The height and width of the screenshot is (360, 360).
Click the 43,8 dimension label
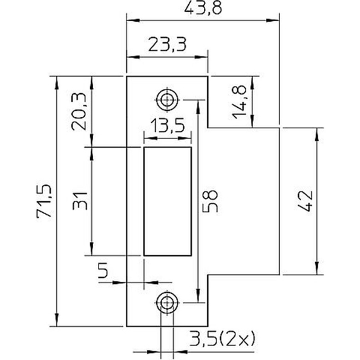pyautogui.click(x=205, y=8)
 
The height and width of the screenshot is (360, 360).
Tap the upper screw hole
pyautogui.click(x=166, y=99)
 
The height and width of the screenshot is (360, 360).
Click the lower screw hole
pyautogui.click(x=166, y=302)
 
